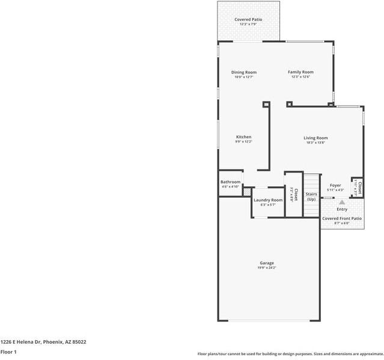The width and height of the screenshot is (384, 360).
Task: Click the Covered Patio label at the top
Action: (248, 20)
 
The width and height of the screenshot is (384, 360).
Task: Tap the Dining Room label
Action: (243, 72)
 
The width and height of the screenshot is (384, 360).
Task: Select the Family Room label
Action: (300, 72)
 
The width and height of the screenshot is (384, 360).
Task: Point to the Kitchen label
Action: (243, 137)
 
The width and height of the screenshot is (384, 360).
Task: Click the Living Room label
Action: (315, 138)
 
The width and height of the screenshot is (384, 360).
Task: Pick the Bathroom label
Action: (230, 182)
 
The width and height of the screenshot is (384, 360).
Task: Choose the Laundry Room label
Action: (268, 200)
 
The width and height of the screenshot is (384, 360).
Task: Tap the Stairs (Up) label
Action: (311, 197)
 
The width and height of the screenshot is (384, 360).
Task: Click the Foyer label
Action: (335, 186)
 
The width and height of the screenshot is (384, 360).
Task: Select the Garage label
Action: (267, 263)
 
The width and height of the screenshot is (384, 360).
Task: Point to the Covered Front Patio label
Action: (342, 219)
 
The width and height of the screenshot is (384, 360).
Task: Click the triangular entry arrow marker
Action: (342, 203)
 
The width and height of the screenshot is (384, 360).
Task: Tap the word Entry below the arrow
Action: (342, 209)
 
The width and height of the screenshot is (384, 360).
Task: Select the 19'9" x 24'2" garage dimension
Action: (267, 268)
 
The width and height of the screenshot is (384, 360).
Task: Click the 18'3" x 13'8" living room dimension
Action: (315, 143)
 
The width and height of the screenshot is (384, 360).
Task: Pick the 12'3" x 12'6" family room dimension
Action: (300, 77)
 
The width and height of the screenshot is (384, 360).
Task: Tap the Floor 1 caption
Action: (8, 352)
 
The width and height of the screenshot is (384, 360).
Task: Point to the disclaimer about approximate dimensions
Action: (290, 354)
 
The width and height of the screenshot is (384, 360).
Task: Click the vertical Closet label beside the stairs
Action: (295, 194)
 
